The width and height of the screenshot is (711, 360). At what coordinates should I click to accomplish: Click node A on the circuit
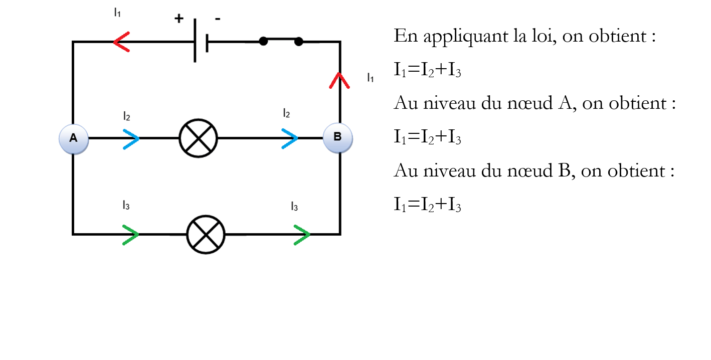pyautogui.click(x=74, y=139)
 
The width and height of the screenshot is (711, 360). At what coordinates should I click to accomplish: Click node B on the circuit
pyautogui.click(x=338, y=138)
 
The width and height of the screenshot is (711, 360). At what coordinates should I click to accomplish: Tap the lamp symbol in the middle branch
pyautogui.click(x=199, y=138)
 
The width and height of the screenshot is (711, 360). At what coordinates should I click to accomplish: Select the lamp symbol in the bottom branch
pyautogui.click(x=206, y=235)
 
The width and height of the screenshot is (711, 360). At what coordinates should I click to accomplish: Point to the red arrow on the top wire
pyautogui.click(x=121, y=42)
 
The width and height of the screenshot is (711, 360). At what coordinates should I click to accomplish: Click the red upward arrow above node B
pyautogui.click(x=339, y=81)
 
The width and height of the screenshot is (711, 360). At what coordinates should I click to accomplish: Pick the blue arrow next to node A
pyautogui.click(x=131, y=139)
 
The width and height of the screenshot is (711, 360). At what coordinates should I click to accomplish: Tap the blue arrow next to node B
pyautogui.click(x=289, y=139)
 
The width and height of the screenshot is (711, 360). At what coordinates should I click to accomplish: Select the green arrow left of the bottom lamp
pyautogui.click(x=130, y=235)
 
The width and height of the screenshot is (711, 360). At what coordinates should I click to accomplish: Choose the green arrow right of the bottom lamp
pyautogui.click(x=302, y=235)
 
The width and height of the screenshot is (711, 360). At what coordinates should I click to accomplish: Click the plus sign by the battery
pyautogui.click(x=179, y=19)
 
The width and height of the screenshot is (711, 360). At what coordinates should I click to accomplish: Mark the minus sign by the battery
pyautogui.click(x=218, y=19)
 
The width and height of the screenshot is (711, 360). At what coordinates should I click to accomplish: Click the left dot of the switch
pyautogui.click(x=263, y=41)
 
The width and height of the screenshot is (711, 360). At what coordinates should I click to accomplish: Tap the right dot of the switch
pyautogui.click(x=299, y=42)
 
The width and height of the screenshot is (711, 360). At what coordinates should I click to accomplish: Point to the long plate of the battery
pyautogui.click(x=195, y=40)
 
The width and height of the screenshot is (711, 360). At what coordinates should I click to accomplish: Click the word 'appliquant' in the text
pyautogui.click(x=466, y=37)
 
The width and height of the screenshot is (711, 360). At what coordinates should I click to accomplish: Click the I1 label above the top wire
pyautogui.click(x=117, y=13)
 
